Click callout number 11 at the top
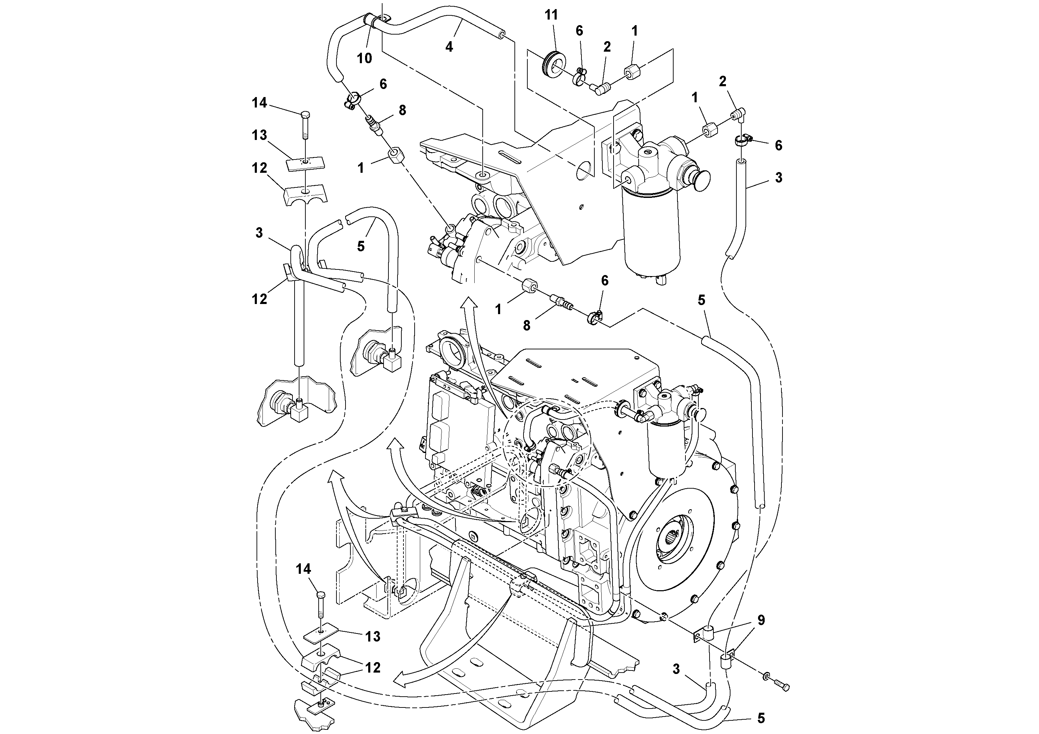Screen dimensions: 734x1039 pyautogui.click(x=551, y=15)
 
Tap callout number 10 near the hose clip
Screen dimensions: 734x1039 pyautogui.click(x=364, y=58)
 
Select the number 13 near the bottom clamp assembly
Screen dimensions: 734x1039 pyautogui.click(x=372, y=636)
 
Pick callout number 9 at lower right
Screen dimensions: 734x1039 pyautogui.click(x=761, y=620)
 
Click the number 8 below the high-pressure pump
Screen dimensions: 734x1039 pyautogui.click(x=526, y=325)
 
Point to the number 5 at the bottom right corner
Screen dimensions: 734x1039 pyautogui.click(x=761, y=718)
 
